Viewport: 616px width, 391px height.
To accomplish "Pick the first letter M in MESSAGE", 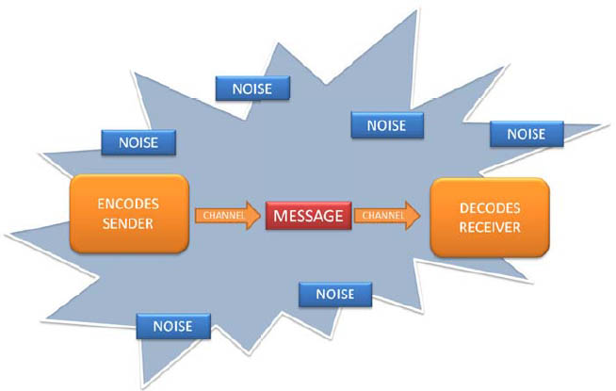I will (x=280, y=215).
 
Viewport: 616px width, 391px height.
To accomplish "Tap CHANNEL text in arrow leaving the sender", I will (x=220, y=215).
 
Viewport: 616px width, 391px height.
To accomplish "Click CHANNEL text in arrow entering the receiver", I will (x=381, y=215).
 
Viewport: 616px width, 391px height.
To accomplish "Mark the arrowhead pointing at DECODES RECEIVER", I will (x=414, y=215).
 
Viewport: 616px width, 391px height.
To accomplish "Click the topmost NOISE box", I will (x=251, y=88).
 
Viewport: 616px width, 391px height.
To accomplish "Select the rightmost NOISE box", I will (x=526, y=134).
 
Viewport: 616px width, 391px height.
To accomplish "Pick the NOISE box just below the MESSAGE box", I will (x=334, y=294).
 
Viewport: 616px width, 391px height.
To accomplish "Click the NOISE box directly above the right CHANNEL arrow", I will (x=385, y=124).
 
